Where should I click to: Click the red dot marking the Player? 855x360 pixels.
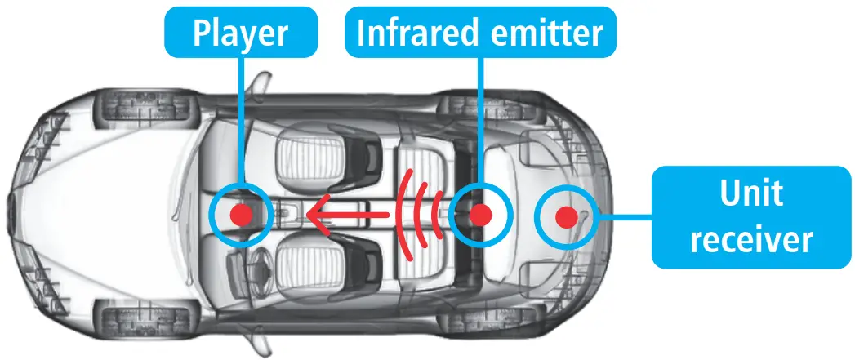coord(240,216)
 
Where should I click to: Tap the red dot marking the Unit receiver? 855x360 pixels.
coord(566,216)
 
